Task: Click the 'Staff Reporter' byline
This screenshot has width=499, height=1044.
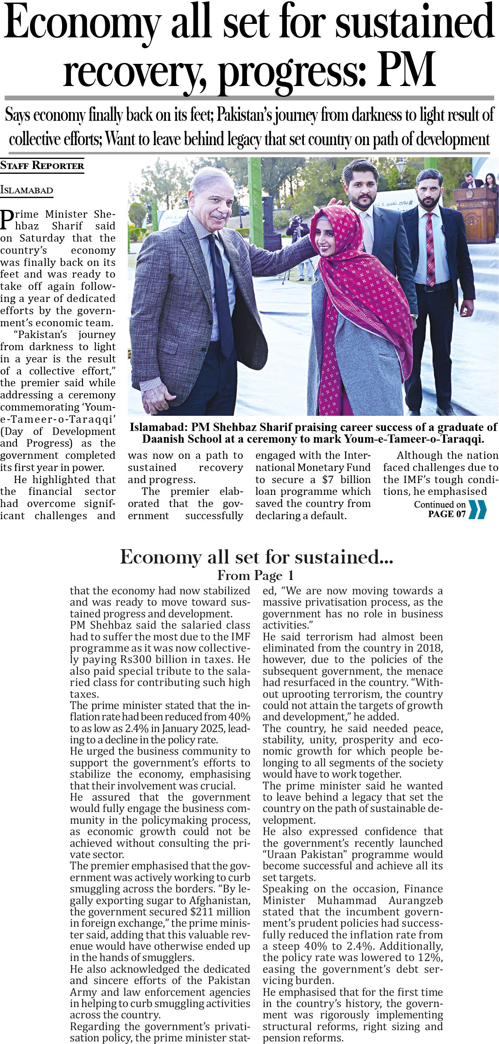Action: coord(42,166)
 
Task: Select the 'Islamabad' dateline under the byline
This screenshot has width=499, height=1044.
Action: coord(27,190)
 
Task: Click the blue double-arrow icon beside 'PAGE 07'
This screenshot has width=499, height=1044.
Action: coord(478,510)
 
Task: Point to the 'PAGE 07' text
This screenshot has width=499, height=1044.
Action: coord(447,514)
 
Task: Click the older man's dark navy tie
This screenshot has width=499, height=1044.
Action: coord(222,291)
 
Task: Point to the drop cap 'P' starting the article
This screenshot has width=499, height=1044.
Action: coord(6,220)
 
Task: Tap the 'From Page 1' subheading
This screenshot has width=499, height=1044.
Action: coord(256,576)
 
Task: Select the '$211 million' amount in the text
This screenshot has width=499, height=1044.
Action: coord(211,912)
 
